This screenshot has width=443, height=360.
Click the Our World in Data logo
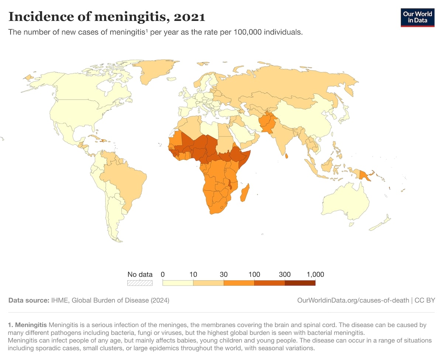coord(417,17)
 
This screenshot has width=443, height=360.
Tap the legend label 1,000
coord(315,274)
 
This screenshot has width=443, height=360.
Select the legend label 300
coord(285,274)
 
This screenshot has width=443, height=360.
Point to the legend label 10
coord(193,274)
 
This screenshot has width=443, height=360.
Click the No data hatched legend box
coord(140,283)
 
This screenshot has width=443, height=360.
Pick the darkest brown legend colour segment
coord(300,283)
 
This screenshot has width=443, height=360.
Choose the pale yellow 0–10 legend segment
coord(178,283)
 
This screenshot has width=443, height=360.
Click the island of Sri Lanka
coord(287,156)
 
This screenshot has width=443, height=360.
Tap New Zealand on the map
coord(380,224)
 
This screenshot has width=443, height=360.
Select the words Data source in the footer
coord(28,300)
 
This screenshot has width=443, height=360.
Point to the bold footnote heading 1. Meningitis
coord(27,325)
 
